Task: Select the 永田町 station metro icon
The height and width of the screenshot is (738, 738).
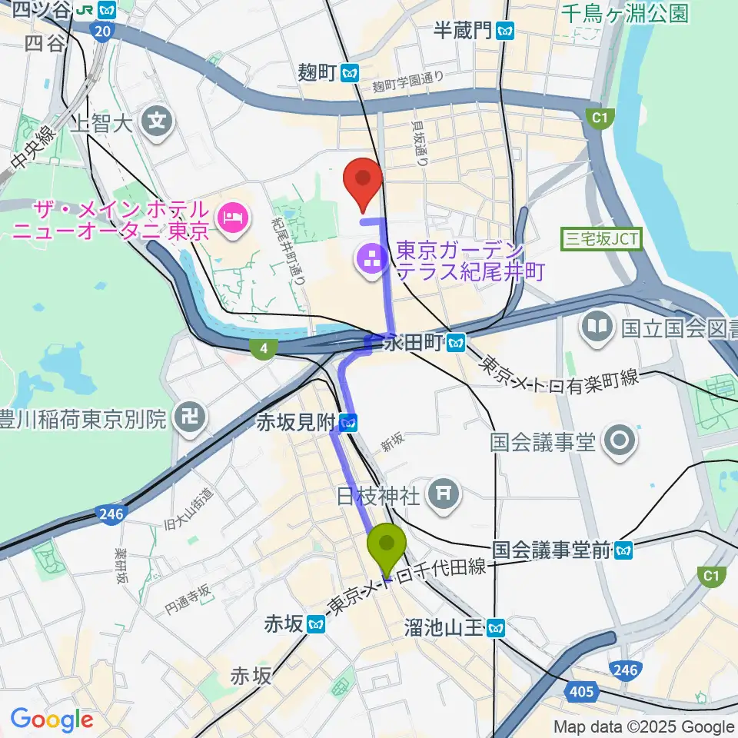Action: click(457, 342)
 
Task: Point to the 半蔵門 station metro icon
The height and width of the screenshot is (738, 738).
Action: click(505, 31)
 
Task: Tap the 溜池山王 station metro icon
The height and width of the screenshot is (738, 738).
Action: click(496, 629)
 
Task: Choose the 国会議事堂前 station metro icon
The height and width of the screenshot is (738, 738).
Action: click(623, 550)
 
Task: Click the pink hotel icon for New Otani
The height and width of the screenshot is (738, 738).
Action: click(230, 218)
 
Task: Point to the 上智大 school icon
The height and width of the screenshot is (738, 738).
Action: click(158, 120)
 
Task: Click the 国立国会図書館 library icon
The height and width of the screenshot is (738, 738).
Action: click(597, 327)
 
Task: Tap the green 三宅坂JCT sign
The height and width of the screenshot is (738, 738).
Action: click(601, 239)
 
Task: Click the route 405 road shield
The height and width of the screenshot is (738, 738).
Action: click(582, 693)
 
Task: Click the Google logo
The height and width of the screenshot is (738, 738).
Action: click(52, 720)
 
